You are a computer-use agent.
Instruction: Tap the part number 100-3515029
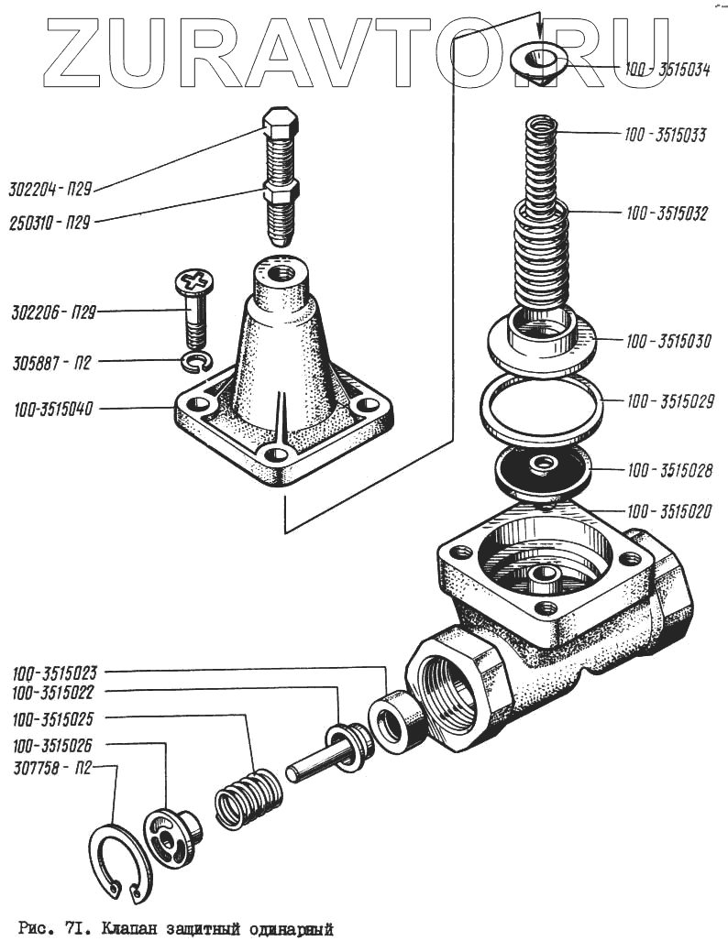[x=669, y=401]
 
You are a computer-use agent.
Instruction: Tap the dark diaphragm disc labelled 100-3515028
[x=542, y=467]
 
